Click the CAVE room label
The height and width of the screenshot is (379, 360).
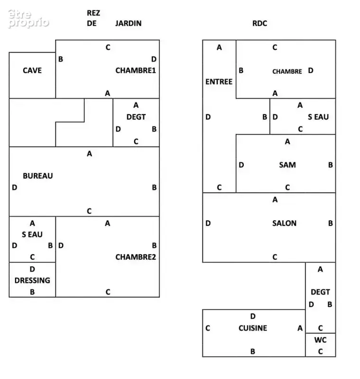(32, 70)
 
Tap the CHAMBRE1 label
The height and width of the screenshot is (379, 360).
(136, 70)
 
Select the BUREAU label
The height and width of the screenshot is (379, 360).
(38, 176)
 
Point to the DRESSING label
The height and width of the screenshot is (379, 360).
(32, 280)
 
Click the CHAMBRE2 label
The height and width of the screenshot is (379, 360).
(136, 257)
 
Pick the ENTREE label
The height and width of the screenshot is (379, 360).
(219, 81)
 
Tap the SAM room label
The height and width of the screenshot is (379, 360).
(287, 165)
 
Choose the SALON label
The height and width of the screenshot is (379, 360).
(284, 223)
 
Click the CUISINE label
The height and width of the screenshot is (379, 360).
(253, 328)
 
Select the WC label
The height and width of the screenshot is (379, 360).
(320, 340)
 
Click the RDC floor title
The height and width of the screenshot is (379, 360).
(259, 23)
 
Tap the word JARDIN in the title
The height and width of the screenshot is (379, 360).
(128, 23)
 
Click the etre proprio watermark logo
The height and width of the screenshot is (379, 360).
(28, 19)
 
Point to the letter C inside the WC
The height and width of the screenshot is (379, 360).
(320, 351)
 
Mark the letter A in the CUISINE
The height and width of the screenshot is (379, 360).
(300, 328)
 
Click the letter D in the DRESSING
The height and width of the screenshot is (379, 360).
(32, 269)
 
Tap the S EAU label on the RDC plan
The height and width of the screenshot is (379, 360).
(318, 117)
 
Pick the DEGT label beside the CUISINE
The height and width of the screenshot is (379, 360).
(320, 292)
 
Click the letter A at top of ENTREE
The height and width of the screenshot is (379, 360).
(219, 47)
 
